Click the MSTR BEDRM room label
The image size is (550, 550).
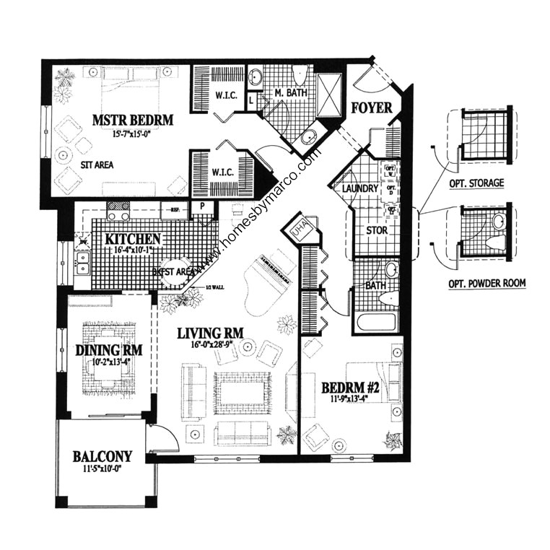pos(132,119)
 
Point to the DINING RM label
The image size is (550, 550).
pos(108,350)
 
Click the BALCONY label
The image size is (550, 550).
pos(102,456)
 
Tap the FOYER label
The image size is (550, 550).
pos(371,108)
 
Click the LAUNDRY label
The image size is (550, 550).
pos(361,188)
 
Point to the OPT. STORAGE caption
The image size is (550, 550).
pos(476,183)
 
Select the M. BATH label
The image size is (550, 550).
pos(289,92)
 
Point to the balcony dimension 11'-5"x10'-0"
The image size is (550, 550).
pos(102,468)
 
